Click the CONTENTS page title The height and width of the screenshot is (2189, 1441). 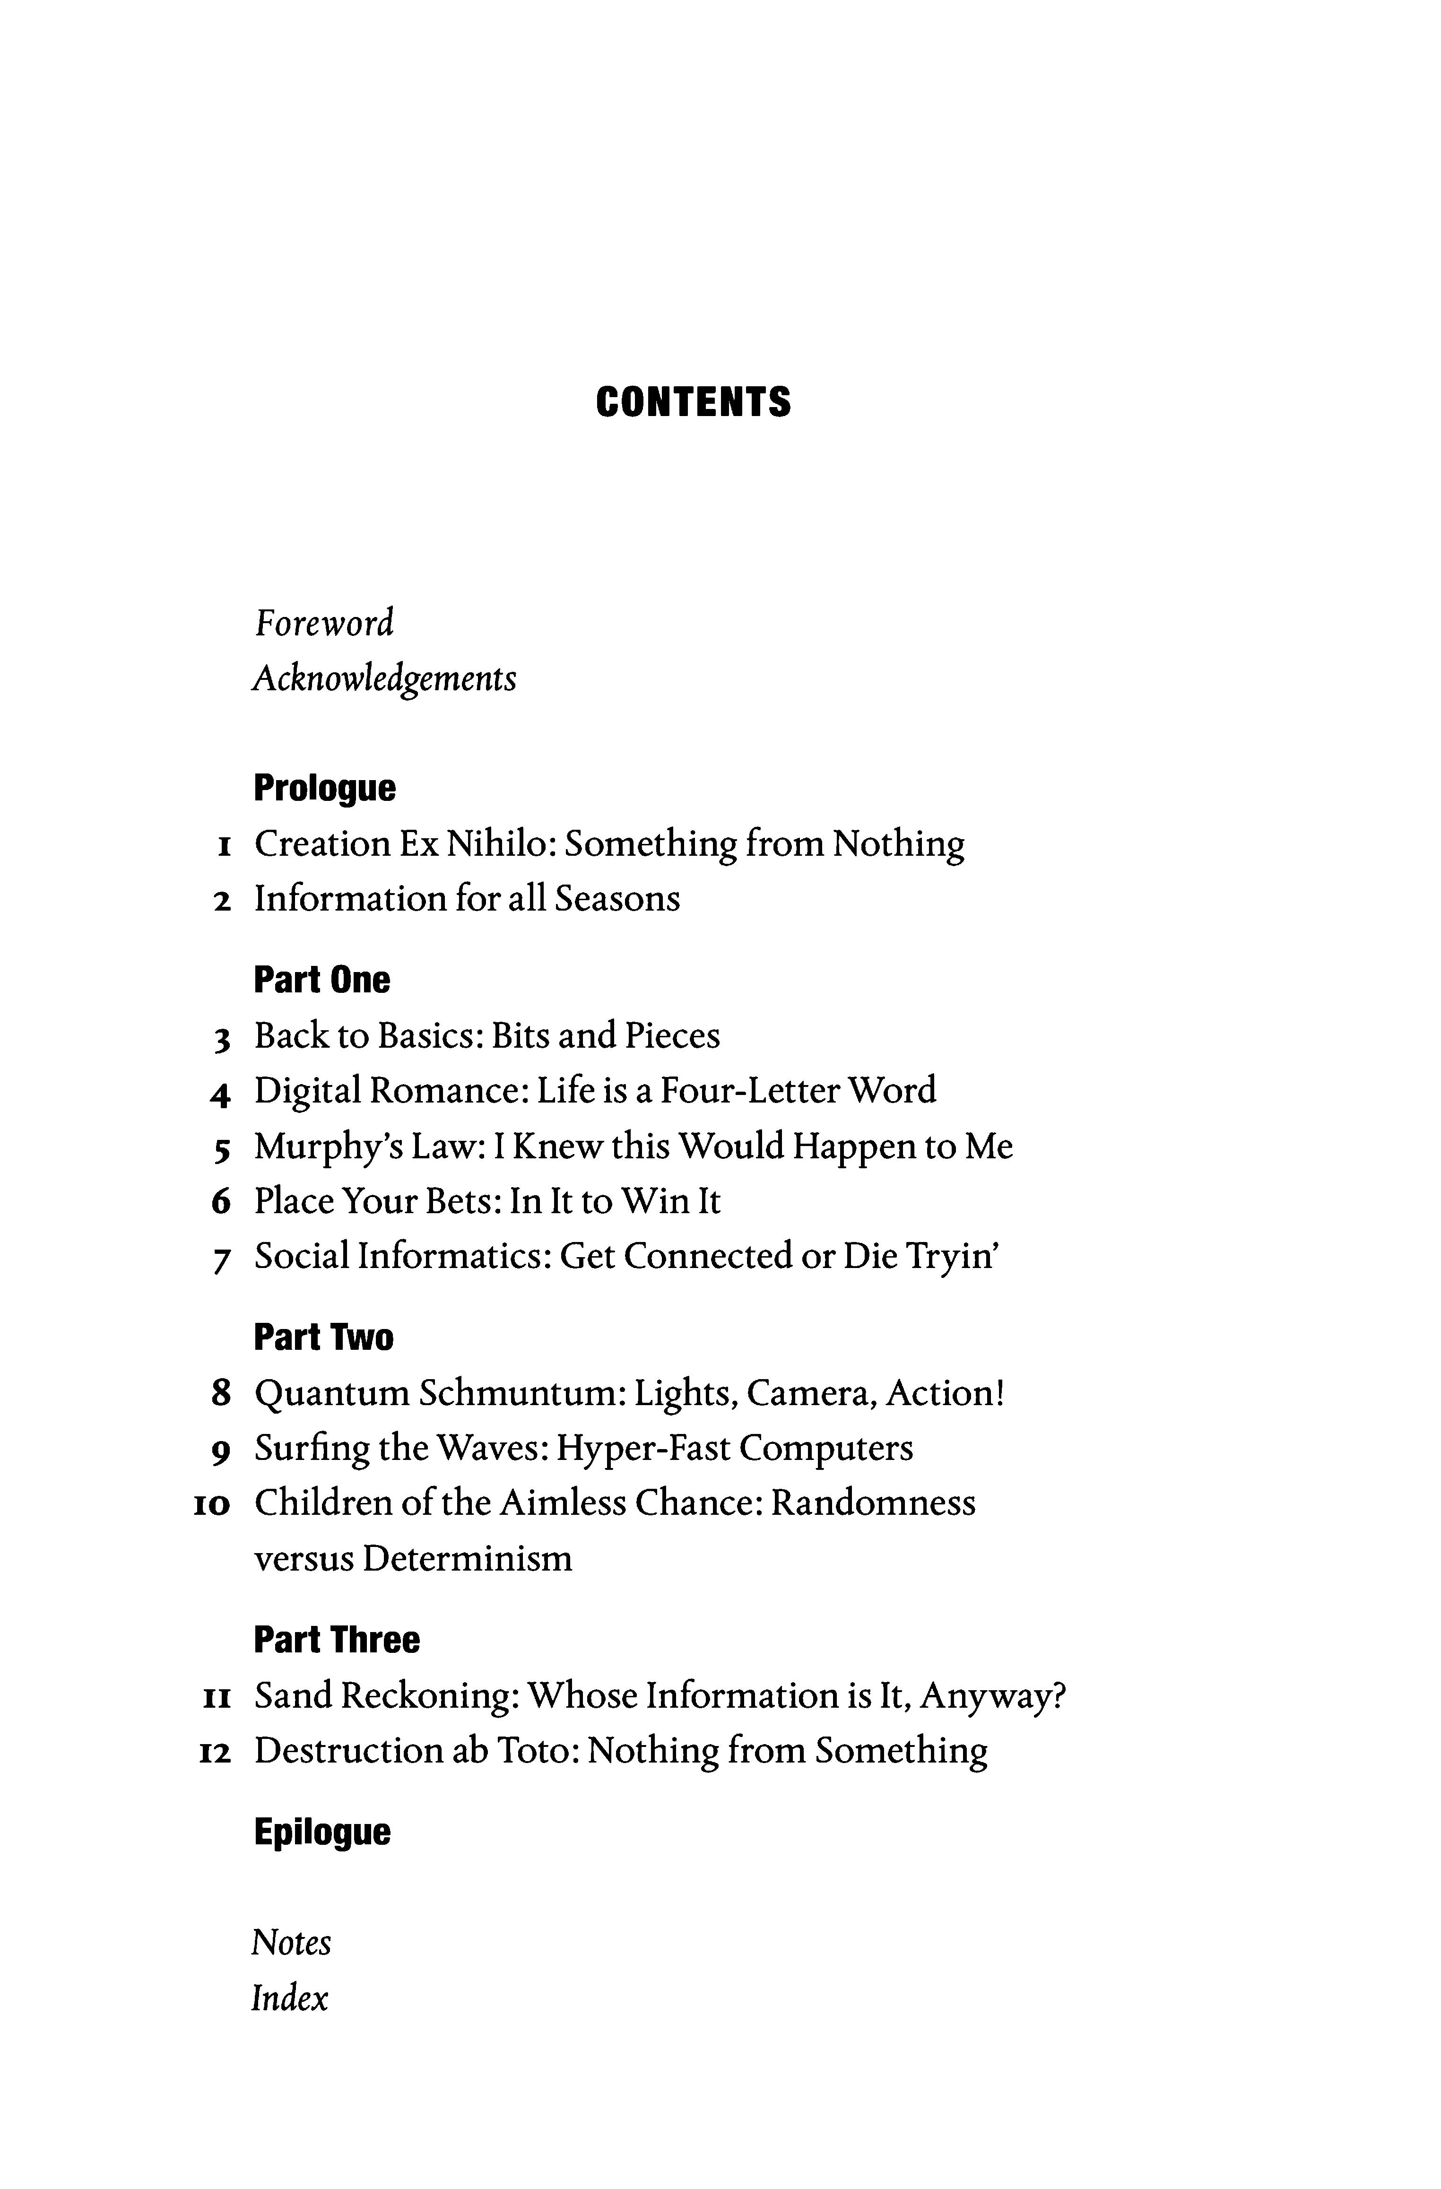tap(693, 403)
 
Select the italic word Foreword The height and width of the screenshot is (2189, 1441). tap(324, 624)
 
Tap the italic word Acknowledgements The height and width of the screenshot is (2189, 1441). tap(384, 680)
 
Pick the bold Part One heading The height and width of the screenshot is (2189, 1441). tap(322, 981)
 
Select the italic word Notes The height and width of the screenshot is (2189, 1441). tap(291, 1943)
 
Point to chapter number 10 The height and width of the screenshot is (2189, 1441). tap(211, 1506)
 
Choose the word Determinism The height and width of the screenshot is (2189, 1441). tap(467, 1559)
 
